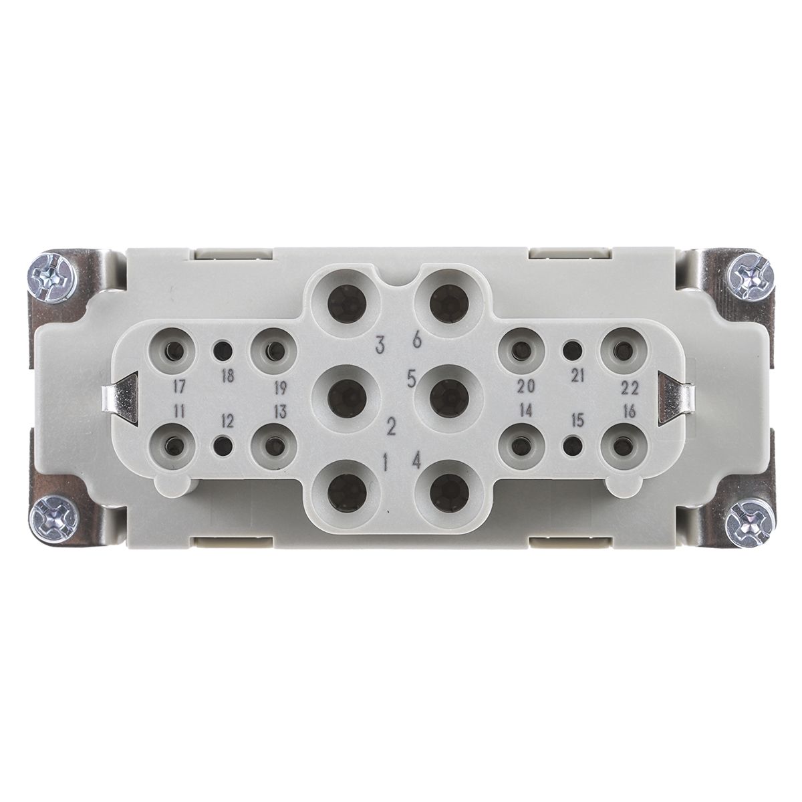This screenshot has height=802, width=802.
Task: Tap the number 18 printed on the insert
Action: [228, 376]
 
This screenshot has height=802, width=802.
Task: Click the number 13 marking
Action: [280, 412]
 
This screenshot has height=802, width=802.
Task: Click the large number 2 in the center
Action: [391, 426]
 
